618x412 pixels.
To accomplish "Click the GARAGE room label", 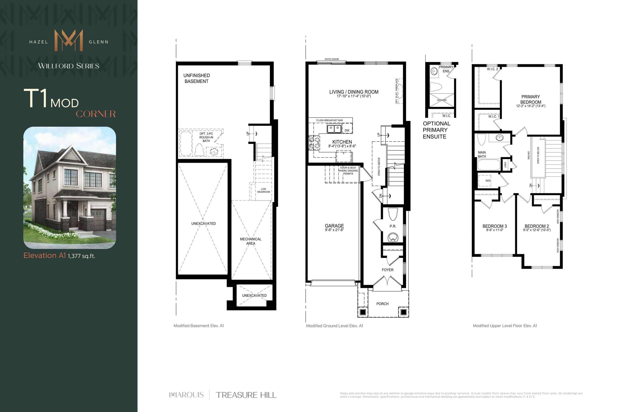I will click(334, 226).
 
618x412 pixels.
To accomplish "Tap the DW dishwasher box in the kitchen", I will click(347, 130).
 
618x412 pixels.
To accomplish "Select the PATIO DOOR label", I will click(332, 59).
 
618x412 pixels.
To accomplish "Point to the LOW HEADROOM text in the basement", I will click(263, 190).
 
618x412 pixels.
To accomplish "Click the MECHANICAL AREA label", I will click(250, 241).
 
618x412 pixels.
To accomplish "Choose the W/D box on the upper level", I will click(488, 181).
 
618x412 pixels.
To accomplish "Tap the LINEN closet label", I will click(505, 165).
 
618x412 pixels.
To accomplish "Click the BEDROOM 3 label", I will click(494, 226).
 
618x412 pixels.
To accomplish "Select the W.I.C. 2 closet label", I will click(492, 69).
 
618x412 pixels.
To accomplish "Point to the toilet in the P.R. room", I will click(393, 214).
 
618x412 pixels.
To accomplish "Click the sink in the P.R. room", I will click(393, 237).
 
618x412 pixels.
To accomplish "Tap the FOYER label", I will click(387, 270).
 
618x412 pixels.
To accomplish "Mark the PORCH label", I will click(382, 304).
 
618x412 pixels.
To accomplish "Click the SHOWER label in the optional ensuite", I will click(442, 100).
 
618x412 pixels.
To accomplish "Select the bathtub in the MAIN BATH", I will click(489, 165).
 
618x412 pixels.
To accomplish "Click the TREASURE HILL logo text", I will click(246, 395).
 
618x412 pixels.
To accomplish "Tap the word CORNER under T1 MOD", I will click(96, 114).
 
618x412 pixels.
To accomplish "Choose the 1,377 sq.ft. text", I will click(81, 256).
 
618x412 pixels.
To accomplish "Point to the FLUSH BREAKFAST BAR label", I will click(329, 120).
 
